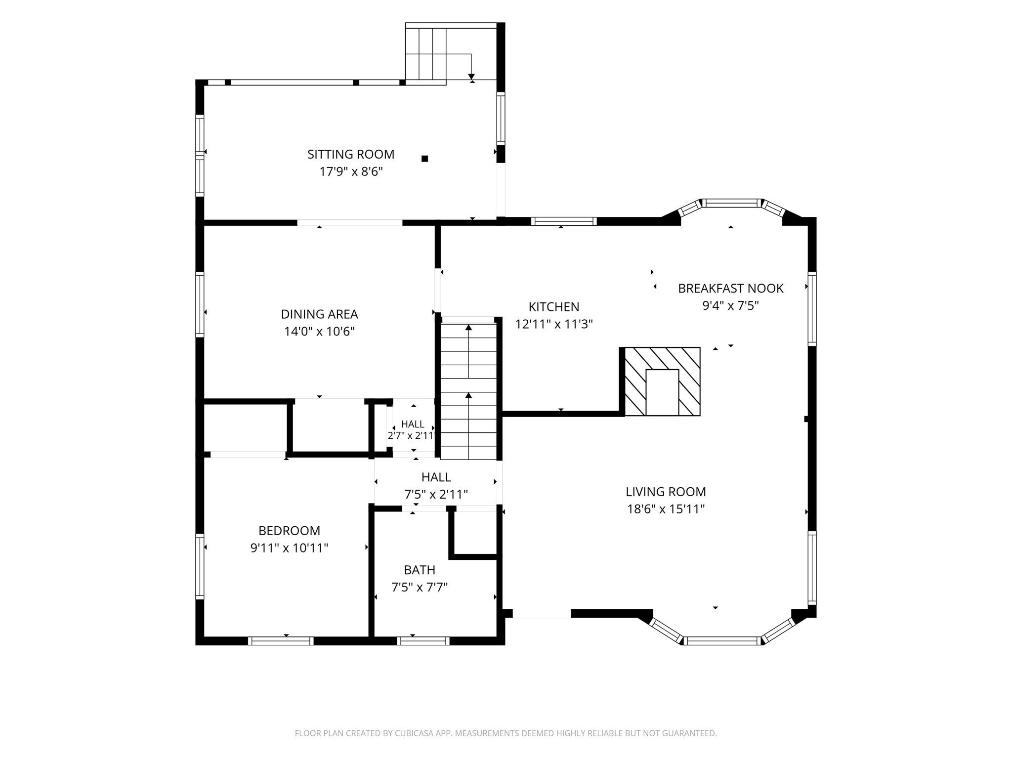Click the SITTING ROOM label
pos(351,155)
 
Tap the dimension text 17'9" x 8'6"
pos(351,172)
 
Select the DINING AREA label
pos(319,314)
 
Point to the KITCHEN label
pos(554,307)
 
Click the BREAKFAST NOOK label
pos(730,288)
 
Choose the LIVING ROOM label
pos(666,492)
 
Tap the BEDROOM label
pos(289,531)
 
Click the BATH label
pos(420,570)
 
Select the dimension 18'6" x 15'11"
pos(666,509)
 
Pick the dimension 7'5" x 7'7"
pos(420,588)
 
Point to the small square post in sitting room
pos(424,159)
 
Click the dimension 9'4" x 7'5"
pos(730,306)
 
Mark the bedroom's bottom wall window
pos(281,641)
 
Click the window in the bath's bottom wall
pos(423,641)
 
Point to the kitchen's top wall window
pos(564,221)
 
